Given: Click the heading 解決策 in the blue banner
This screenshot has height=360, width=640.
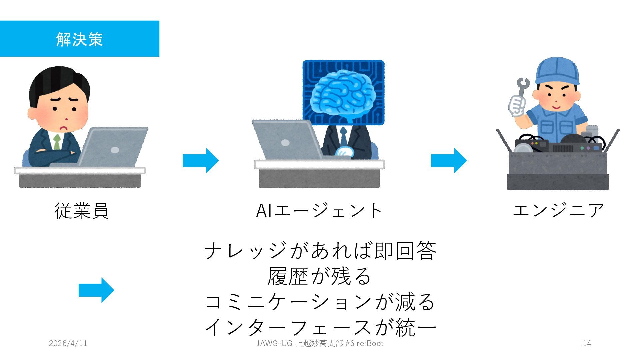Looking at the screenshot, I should tap(79, 39).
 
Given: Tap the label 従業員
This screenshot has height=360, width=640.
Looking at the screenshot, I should tap(82, 211).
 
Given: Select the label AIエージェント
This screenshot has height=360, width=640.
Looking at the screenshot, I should tap(319, 211).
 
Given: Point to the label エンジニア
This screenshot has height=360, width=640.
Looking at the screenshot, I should tap(558, 211).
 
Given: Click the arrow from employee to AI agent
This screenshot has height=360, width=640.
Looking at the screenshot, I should tap(201, 160).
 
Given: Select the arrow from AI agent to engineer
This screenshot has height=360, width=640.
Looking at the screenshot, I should tap(449, 160).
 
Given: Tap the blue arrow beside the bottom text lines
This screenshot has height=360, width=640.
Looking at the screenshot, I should tap(96, 290).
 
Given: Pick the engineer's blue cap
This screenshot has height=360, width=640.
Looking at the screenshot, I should tap(557, 72).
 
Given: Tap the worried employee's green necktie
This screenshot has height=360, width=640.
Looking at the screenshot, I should tap(57, 142).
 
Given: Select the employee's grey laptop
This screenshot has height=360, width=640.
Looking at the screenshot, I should tap(113, 147).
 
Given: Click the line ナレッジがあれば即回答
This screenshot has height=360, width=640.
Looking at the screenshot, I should tap(320, 251).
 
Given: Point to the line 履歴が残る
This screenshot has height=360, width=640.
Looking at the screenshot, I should tap(319, 276).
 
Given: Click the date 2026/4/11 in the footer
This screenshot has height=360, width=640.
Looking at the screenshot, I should tap(68, 343).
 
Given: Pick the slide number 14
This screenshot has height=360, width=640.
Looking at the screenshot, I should tap(587, 343).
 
